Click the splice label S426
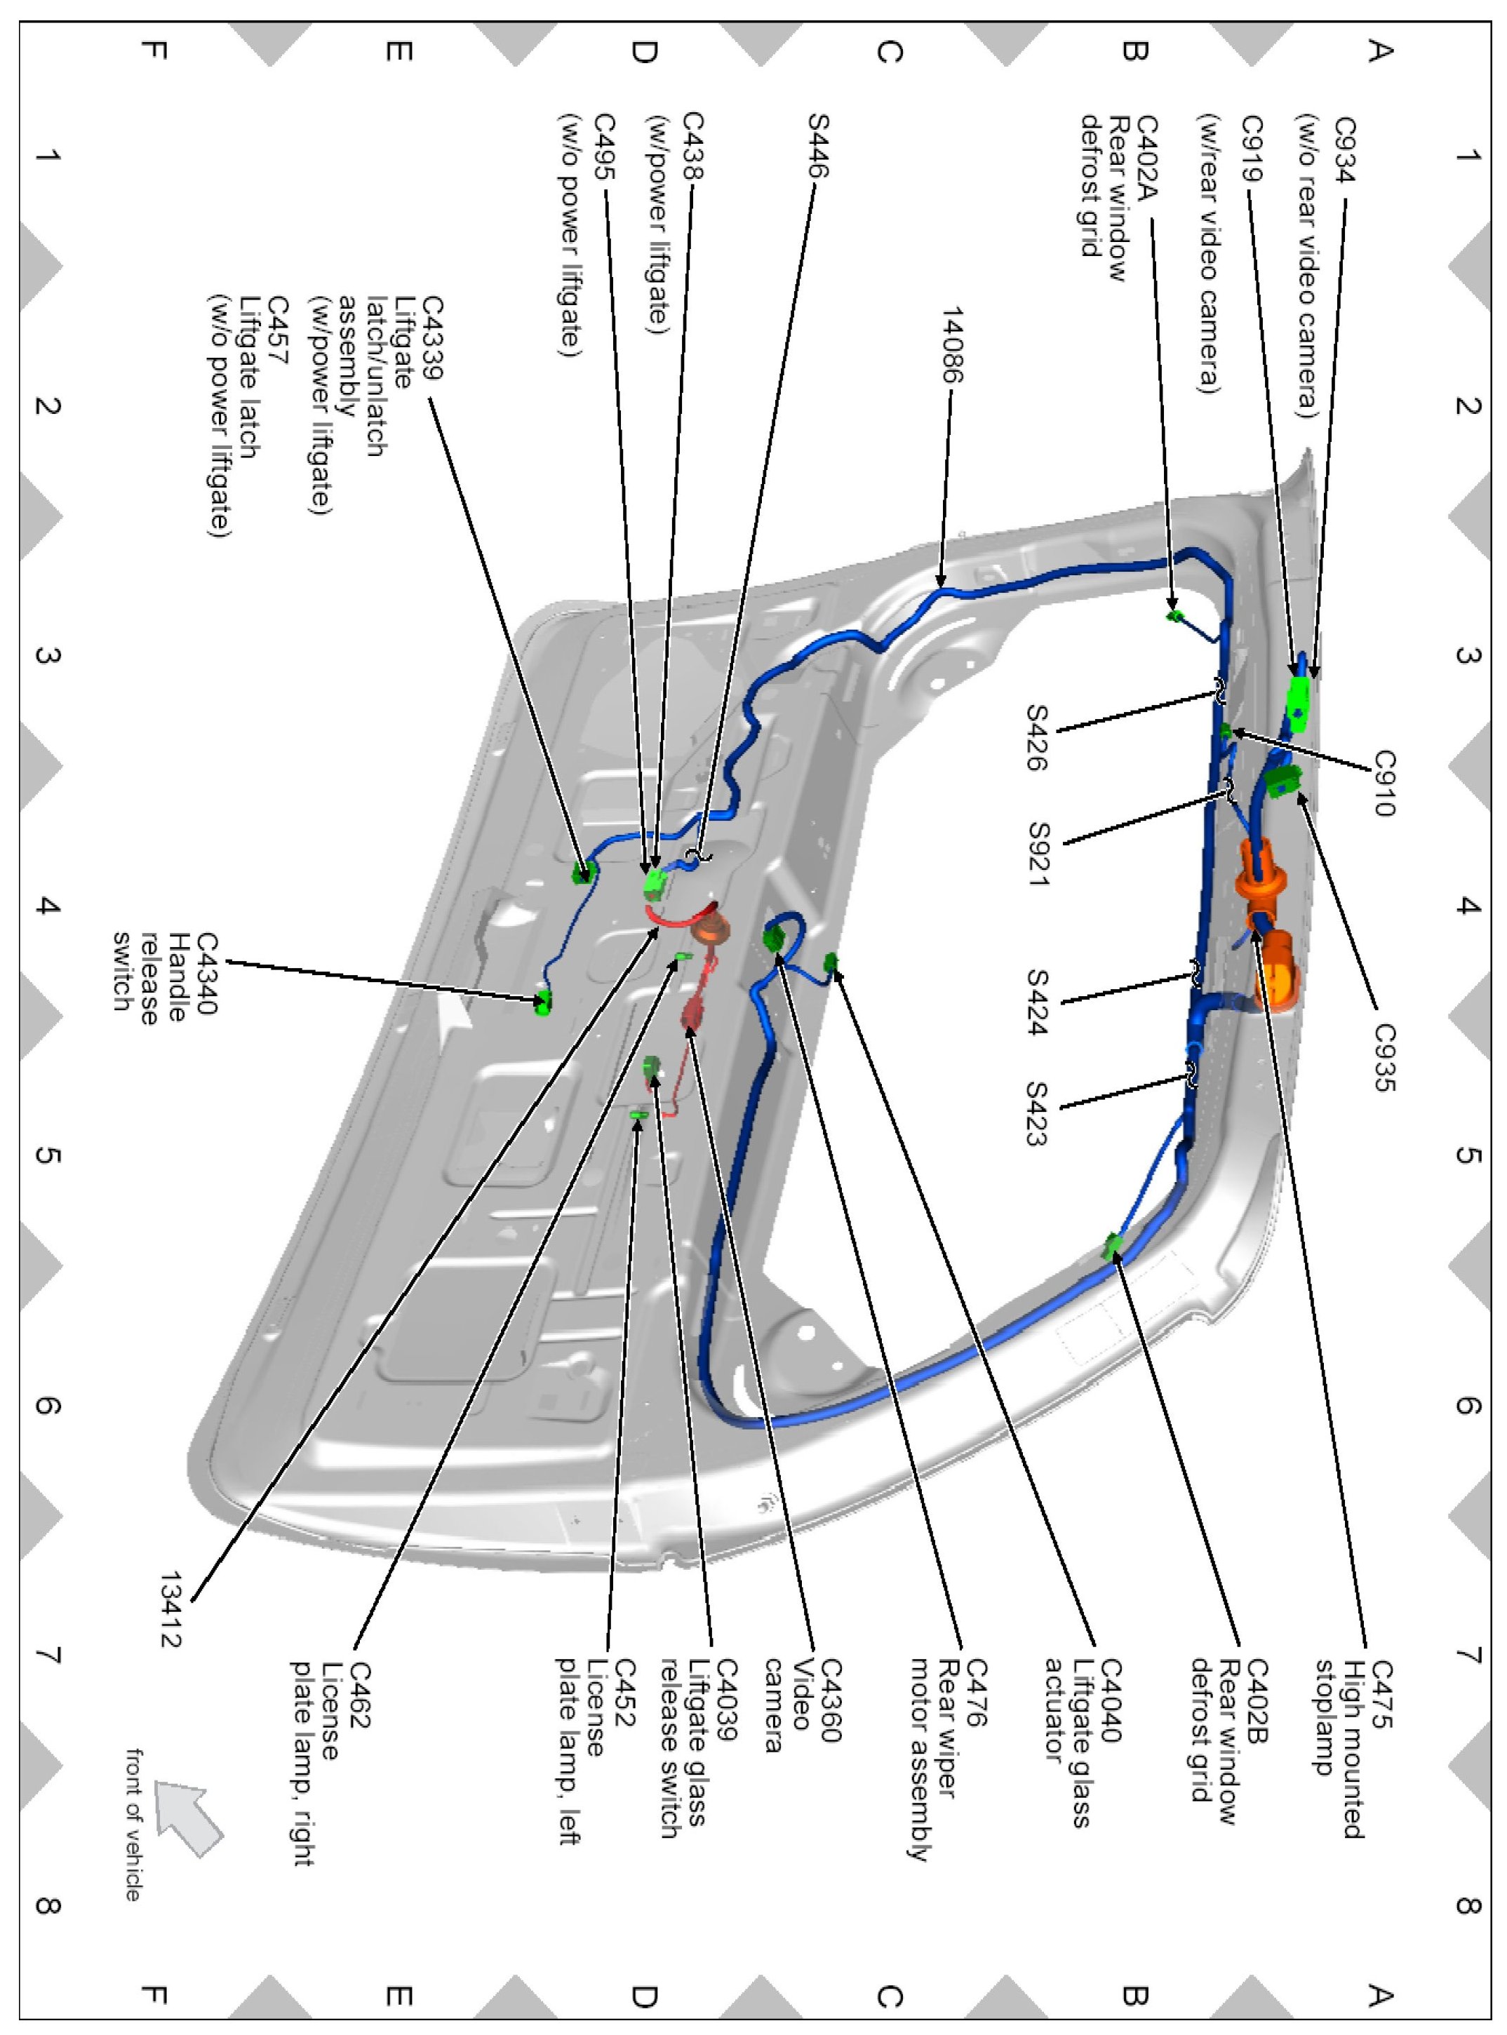pyautogui.click(x=1037, y=737)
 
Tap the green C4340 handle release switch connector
pyautogui.click(x=544, y=1002)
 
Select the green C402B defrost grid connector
pyautogui.click(x=1112, y=1246)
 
